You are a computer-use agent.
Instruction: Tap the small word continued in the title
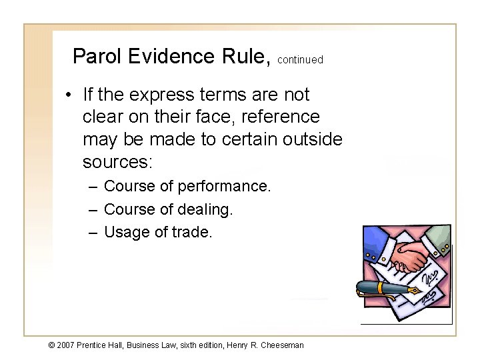pos(300,60)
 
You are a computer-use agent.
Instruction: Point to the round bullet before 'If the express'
pos(69,95)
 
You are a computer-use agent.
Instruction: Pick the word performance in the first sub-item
pos(229,186)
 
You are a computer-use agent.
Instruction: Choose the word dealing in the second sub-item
pos(205,209)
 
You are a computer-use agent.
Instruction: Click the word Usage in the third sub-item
pos(127,233)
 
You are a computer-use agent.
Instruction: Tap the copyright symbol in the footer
pos(53,345)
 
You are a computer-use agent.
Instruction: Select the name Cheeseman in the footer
pos(281,345)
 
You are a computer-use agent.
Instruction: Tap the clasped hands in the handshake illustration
pos(409,255)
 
